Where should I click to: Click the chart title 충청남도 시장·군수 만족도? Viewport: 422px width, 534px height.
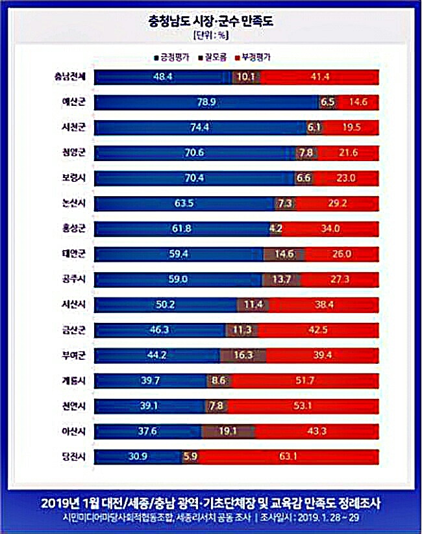(x=211, y=21)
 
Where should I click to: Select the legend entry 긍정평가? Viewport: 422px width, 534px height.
(x=172, y=58)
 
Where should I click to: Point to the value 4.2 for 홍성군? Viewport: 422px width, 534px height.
(x=275, y=229)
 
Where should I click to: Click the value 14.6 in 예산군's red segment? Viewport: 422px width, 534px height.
(x=358, y=103)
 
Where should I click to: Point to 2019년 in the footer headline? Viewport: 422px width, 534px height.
(x=58, y=503)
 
